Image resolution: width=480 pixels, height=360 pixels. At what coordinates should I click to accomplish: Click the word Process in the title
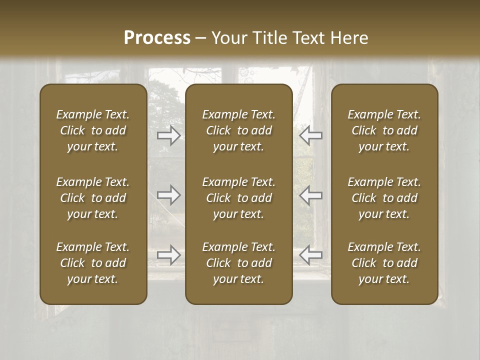click(x=157, y=38)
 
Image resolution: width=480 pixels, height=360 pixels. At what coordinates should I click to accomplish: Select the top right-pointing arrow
click(x=169, y=135)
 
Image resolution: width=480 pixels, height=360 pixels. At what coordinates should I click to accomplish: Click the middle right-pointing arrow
click(x=169, y=195)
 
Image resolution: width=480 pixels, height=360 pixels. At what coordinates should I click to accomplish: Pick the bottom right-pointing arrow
click(x=169, y=255)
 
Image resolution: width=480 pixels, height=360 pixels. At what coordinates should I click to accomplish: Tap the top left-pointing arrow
click(x=310, y=135)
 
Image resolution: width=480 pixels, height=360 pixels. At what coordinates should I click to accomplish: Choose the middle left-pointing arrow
click(x=310, y=195)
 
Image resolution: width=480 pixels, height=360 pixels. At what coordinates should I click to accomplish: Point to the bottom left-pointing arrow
click(x=310, y=255)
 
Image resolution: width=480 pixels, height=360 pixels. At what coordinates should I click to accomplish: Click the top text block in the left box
click(x=93, y=130)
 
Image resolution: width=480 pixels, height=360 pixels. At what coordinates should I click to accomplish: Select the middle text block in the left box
click(x=93, y=198)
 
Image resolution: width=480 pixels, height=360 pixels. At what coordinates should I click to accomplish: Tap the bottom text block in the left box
click(x=93, y=263)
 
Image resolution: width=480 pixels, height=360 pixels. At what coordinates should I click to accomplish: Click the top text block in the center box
click(x=238, y=130)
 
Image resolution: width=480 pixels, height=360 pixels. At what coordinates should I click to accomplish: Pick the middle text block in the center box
click(x=238, y=198)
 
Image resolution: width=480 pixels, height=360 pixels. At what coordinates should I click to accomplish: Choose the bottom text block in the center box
click(x=238, y=263)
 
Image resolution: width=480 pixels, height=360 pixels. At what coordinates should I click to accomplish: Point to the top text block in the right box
click(x=384, y=130)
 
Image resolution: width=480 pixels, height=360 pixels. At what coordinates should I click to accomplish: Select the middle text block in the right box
click(x=384, y=198)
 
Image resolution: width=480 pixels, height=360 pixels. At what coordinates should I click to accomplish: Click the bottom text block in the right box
click(x=384, y=263)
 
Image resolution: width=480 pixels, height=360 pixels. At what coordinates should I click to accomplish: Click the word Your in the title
click(x=227, y=38)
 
